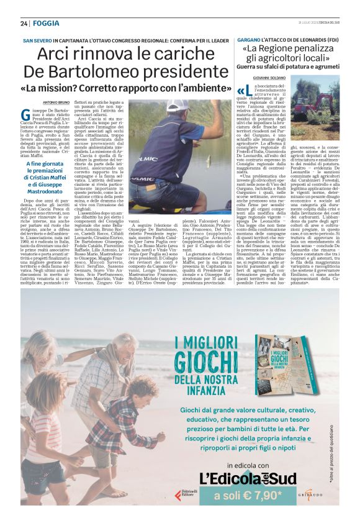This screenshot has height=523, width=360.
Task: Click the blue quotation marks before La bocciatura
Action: click(x=242, y=91)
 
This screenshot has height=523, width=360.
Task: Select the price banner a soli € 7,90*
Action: click(x=248, y=495)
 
